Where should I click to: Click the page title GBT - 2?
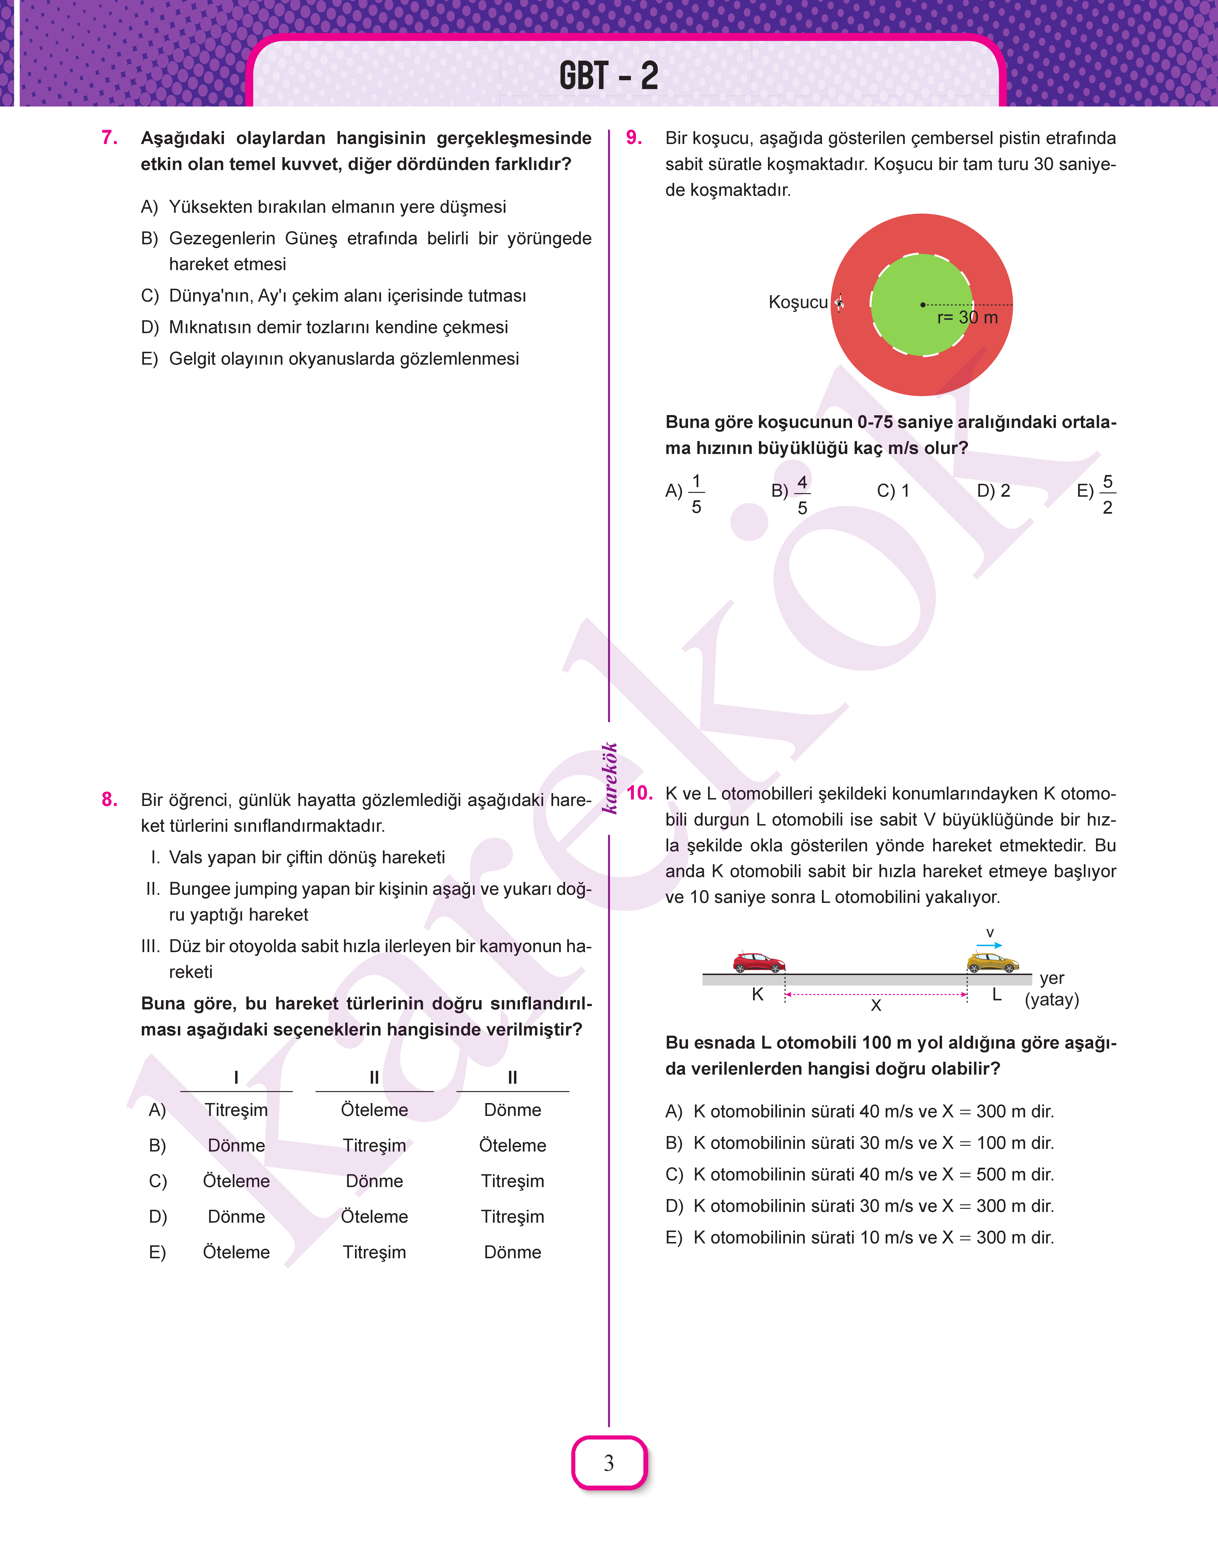click(x=608, y=76)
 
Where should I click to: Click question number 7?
click(x=110, y=138)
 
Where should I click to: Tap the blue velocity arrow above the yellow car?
click(x=989, y=945)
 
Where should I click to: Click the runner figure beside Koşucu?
click(x=839, y=302)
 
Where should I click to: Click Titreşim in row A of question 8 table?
click(x=236, y=1110)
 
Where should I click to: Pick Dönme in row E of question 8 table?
click(x=512, y=1253)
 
